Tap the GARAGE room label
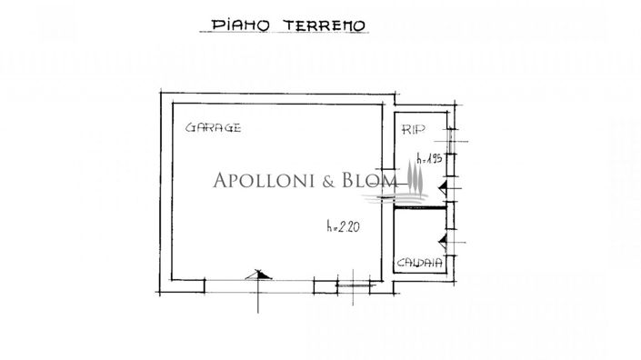tap(214, 128)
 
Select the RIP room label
tap(414, 130)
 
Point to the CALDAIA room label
tap(420, 264)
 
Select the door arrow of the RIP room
tap(443, 187)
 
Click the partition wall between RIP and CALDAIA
tap(421, 207)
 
